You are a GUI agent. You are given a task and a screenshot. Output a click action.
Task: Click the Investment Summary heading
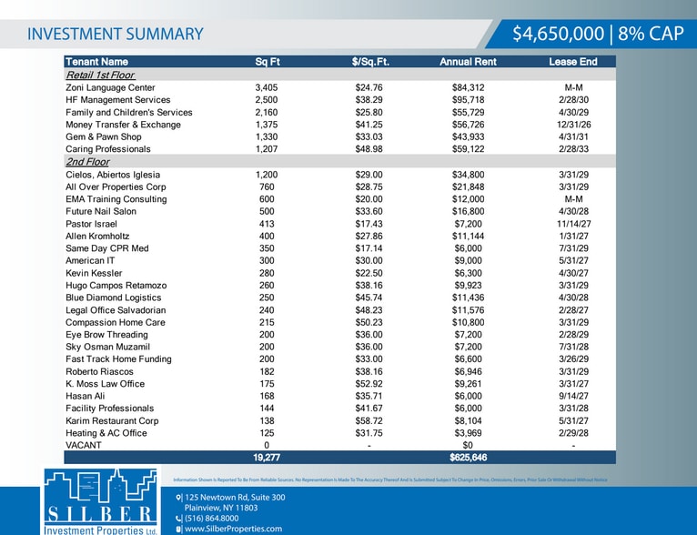tap(116, 35)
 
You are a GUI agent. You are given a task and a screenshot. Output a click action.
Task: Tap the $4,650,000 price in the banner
tap(559, 34)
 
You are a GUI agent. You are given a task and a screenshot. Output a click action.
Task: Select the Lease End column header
tap(573, 62)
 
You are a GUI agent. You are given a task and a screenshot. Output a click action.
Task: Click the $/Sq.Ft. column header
tap(370, 62)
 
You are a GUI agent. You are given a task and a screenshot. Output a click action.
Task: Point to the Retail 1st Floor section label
tap(100, 75)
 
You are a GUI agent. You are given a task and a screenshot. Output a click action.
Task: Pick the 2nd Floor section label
tap(87, 162)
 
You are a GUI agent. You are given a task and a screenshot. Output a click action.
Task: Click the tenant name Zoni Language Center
tap(111, 87)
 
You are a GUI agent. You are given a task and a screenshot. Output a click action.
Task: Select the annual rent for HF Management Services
tap(468, 100)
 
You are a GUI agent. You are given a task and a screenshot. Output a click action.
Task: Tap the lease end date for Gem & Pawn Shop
tap(573, 136)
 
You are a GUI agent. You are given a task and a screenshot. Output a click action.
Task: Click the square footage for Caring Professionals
tap(267, 149)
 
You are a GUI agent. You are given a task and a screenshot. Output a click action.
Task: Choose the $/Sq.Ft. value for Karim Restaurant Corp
tap(369, 420)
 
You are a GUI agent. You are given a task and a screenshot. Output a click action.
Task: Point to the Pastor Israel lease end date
tap(573, 224)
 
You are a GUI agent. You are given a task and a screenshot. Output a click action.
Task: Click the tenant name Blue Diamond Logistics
tap(114, 298)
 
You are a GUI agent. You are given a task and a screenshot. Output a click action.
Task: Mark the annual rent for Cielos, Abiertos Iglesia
tap(468, 175)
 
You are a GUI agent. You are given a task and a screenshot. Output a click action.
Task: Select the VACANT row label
tap(84, 445)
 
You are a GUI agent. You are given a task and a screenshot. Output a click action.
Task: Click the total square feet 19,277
tap(267, 458)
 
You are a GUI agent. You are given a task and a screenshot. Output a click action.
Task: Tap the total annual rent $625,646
tap(468, 458)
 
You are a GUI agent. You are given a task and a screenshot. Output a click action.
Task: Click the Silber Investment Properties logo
tap(101, 501)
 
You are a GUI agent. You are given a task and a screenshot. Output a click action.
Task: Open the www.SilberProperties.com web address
tap(233, 529)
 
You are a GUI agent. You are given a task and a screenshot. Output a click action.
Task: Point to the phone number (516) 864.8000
tap(212, 518)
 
